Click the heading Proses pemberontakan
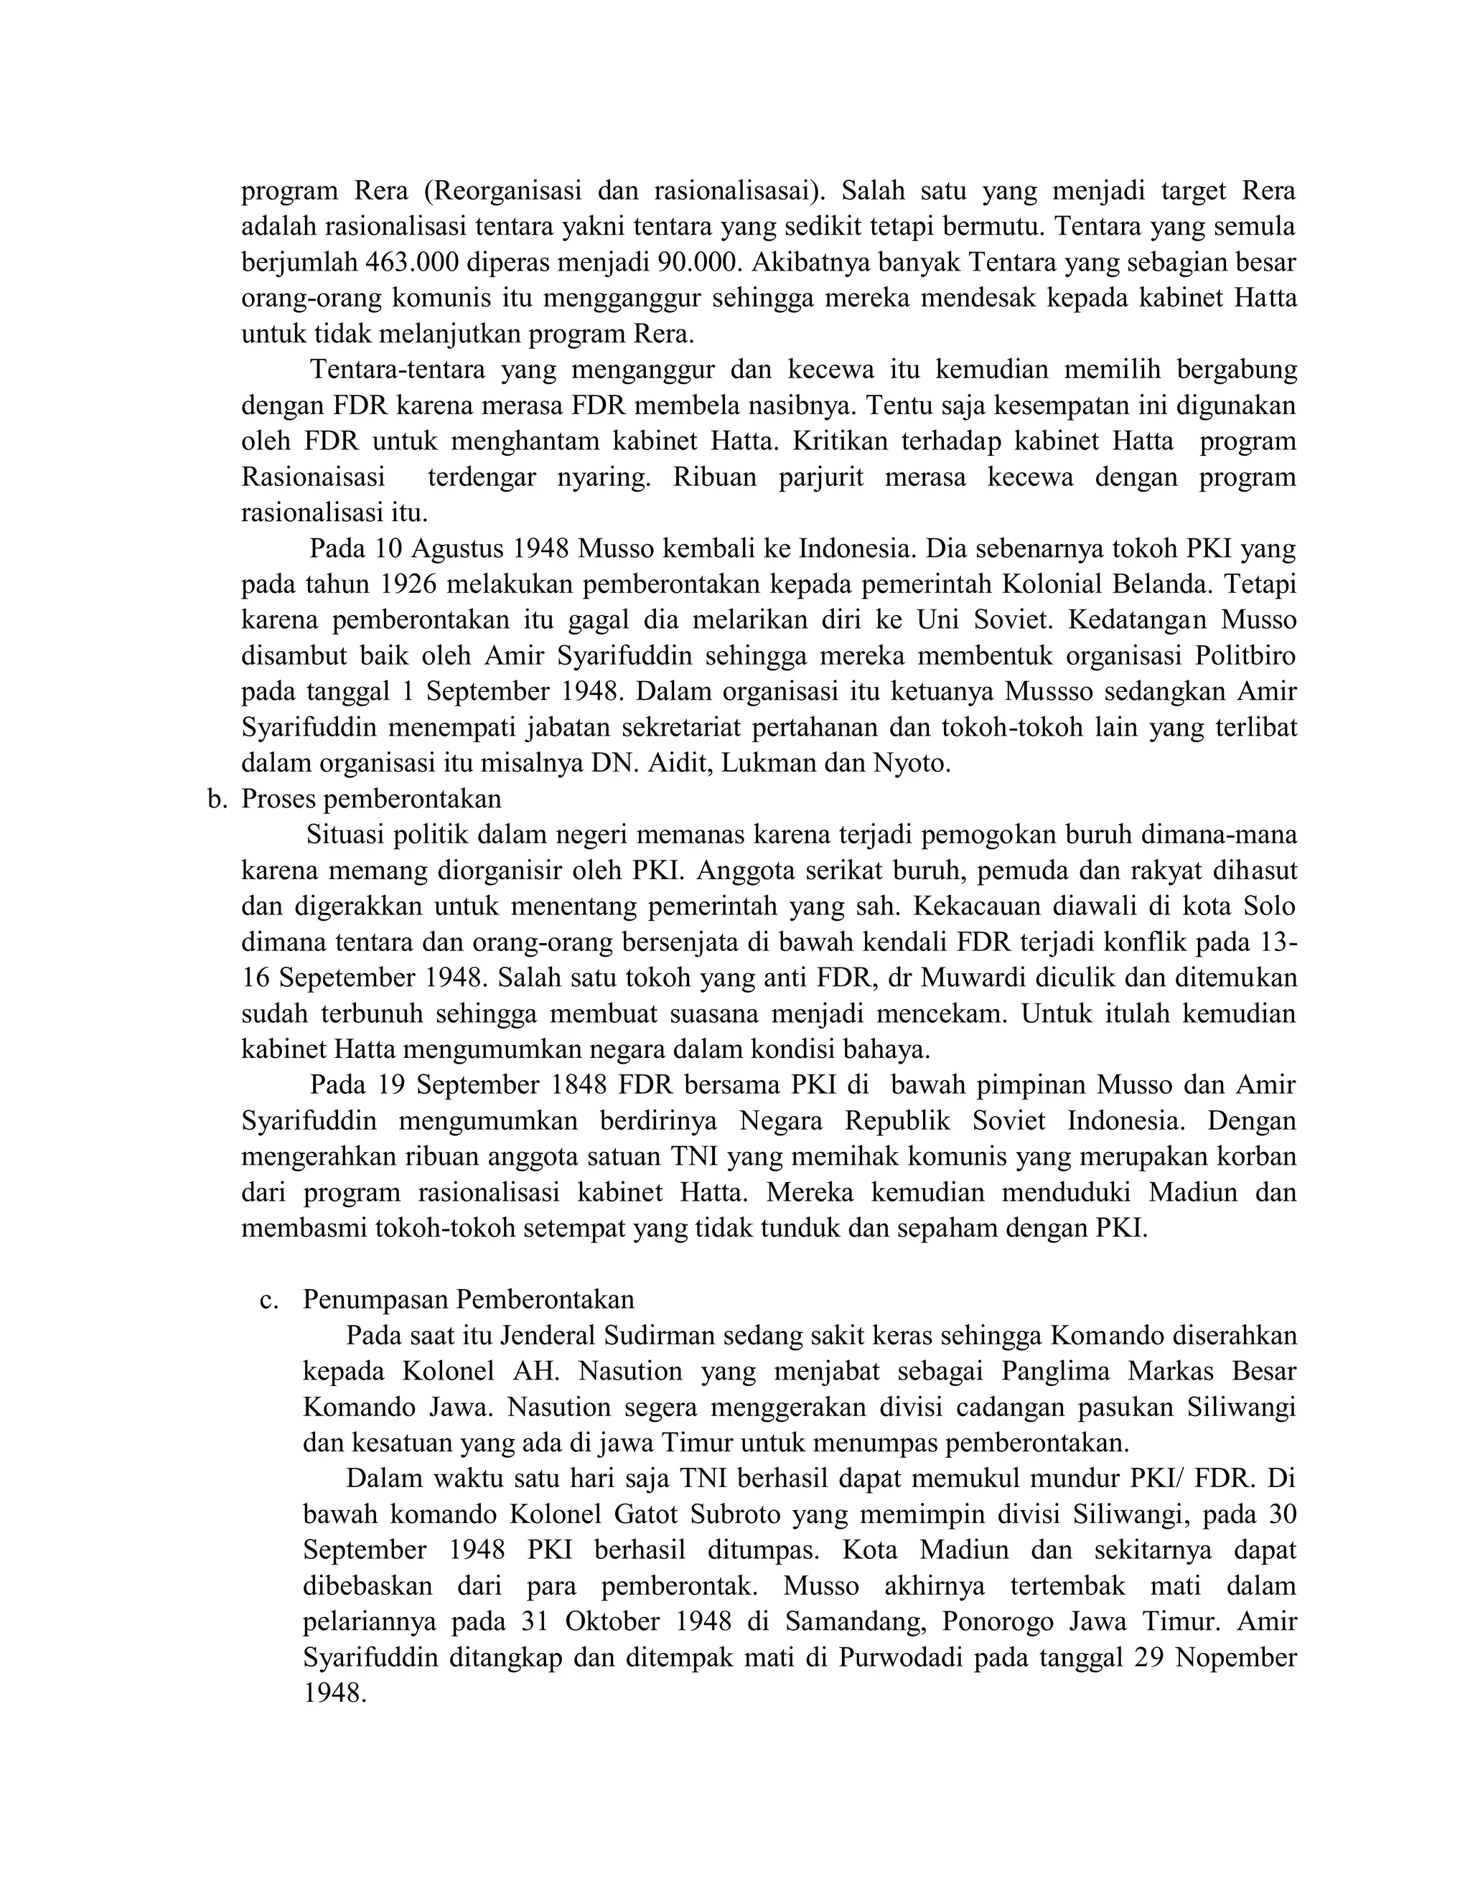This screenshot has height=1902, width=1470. pyautogui.click(x=371, y=799)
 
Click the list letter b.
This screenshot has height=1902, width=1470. pyautogui.click(x=216, y=799)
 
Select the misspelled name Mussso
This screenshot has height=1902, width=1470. pyautogui.click(x=1054, y=691)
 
